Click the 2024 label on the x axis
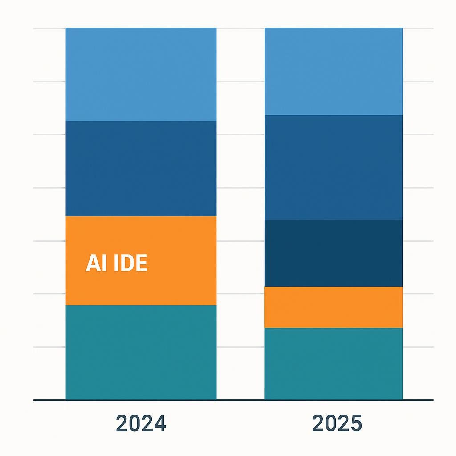tap(141, 423)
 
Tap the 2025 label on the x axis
tap(337, 423)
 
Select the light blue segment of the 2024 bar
tap(141, 74)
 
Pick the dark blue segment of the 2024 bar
tap(141, 168)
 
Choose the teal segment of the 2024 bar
tap(141, 352)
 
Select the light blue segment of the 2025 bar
tap(333, 71)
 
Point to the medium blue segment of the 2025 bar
tap(333, 167)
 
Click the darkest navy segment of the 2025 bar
tap(333, 253)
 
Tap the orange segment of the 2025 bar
tap(333, 307)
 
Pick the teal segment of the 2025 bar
tap(333, 363)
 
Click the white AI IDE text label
tap(116, 264)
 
